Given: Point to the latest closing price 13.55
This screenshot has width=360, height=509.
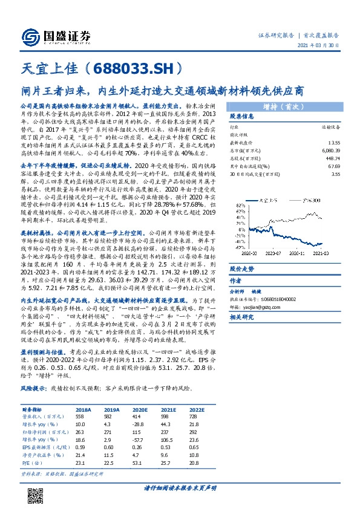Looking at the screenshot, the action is pos(335,140).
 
